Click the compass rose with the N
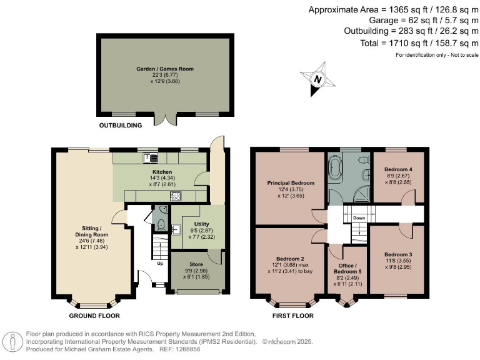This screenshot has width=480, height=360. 318,79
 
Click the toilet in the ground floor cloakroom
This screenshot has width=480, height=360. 161,224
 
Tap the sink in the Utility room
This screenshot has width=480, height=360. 176,228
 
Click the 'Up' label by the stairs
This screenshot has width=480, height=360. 161,263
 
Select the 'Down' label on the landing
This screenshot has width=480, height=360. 359,218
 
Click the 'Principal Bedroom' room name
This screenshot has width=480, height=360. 291,182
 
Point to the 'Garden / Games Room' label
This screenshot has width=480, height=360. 165,69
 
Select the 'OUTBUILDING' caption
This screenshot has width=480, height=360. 121,125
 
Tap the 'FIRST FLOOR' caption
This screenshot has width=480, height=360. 292,316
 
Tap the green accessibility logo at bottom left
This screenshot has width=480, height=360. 12,342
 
